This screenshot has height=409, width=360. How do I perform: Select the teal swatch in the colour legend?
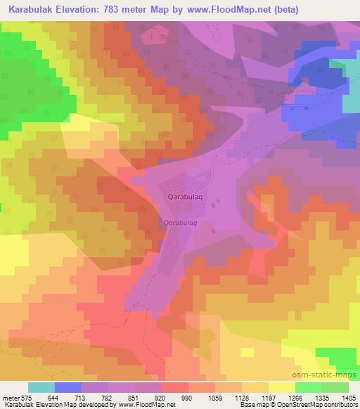click(x=41, y=387)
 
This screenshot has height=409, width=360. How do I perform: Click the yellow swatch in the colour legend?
click(x=282, y=387)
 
